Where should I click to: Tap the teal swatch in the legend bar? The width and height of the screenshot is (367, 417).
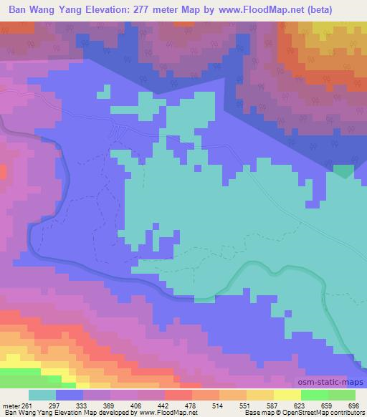(42, 395)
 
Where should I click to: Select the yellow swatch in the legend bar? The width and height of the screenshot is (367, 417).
(287, 395)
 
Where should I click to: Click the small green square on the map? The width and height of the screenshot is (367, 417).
(344, 171)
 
